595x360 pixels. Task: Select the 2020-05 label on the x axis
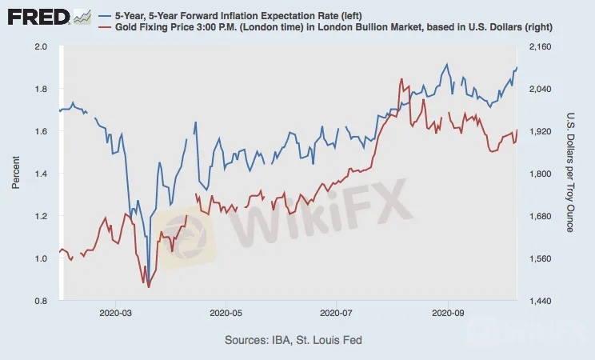click(226, 313)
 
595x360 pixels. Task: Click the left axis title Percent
click(15, 174)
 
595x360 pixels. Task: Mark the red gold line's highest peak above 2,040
click(400, 79)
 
